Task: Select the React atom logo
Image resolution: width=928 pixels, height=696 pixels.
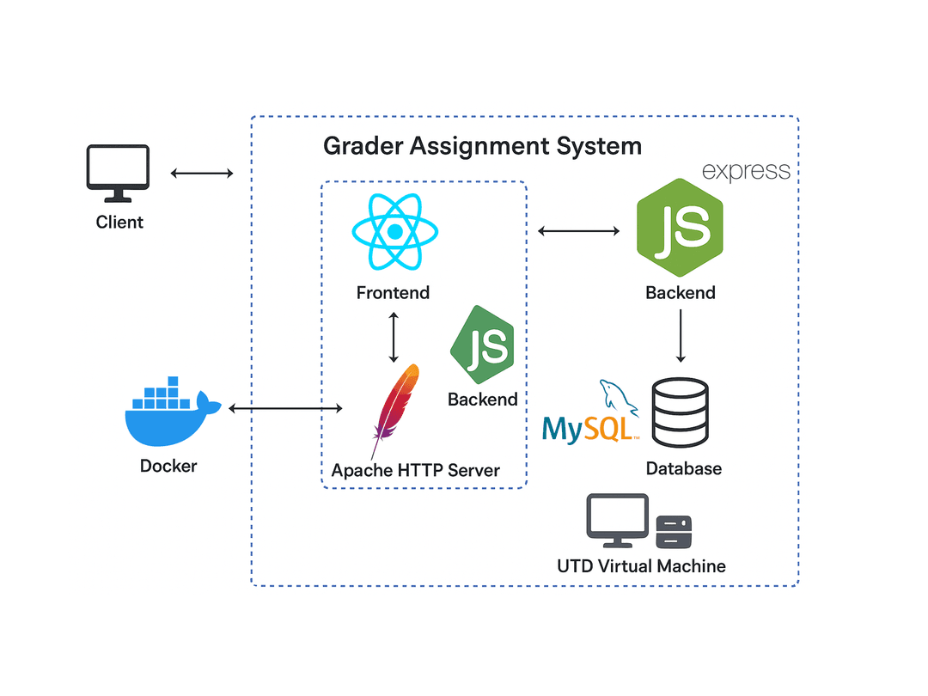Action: pos(394,232)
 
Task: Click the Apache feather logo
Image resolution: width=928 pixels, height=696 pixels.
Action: pos(396,408)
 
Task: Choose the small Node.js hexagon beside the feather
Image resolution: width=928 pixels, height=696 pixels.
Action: pos(482,345)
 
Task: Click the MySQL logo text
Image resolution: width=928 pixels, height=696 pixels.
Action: pos(590,426)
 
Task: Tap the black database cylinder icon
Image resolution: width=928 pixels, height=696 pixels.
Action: pos(680,413)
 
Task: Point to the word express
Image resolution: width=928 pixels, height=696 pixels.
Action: pos(746,171)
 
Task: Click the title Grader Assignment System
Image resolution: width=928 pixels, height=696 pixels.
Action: pos(482,146)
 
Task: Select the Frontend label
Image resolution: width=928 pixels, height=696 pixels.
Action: pos(393,293)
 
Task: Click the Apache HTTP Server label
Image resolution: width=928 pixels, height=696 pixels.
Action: pos(416,471)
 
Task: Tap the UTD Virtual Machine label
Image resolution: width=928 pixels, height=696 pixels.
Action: pos(641,566)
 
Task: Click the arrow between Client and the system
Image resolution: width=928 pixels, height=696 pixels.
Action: pos(202,174)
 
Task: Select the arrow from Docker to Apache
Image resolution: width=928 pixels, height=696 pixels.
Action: pos(285,409)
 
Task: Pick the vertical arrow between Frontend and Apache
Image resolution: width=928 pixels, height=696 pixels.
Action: pos(394,337)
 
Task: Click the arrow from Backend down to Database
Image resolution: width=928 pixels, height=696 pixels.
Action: pos(681,335)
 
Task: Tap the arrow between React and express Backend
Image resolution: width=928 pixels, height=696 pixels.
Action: pos(578,230)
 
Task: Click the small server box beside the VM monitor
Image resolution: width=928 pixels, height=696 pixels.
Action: pos(674,532)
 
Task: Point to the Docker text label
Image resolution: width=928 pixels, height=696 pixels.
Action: pos(168,467)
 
